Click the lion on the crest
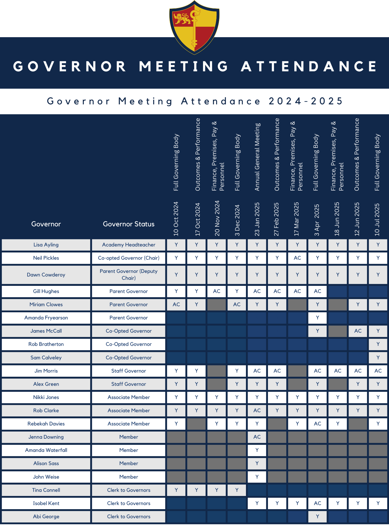point(182,19)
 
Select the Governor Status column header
point(128,224)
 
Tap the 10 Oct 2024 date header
point(176,219)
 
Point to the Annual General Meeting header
point(257,157)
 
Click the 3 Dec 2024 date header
point(237,220)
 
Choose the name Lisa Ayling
point(46,245)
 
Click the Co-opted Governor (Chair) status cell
point(128,258)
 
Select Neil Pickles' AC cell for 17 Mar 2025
point(297,258)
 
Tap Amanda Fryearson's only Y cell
point(317,318)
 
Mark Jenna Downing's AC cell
point(257,437)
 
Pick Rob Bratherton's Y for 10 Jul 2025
point(378,344)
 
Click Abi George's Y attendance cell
point(317,517)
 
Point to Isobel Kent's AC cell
point(317,503)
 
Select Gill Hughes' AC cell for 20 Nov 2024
point(217,291)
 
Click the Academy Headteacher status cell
point(128,245)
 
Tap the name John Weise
point(46,477)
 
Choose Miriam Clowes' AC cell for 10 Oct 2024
point(176,305)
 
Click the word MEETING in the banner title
point(184,66)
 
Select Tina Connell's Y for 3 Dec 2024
point(237,490)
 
